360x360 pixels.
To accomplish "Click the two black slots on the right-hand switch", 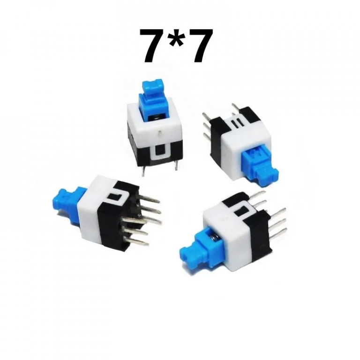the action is (x=236, y=123).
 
